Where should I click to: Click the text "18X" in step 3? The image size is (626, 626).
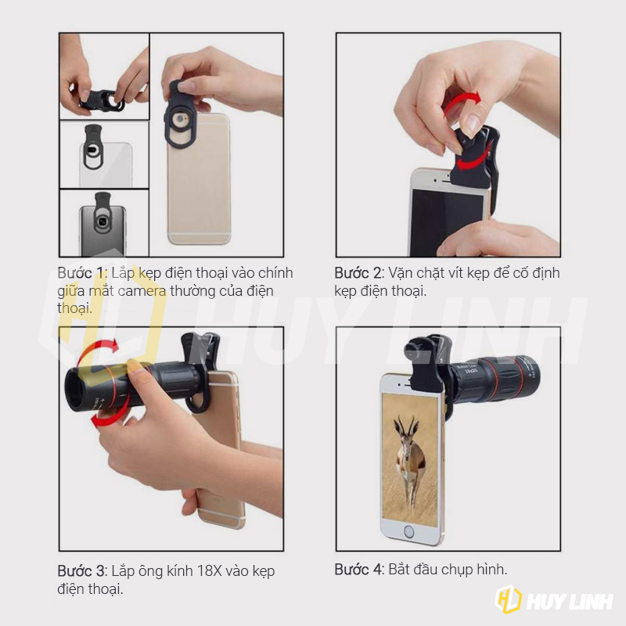(x=209, y=571)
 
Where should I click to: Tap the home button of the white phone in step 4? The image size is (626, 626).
(x=408, y=531)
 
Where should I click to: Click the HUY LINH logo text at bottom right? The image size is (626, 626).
(x=570, y=602)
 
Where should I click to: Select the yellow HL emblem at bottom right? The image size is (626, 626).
(x=508, y=599)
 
